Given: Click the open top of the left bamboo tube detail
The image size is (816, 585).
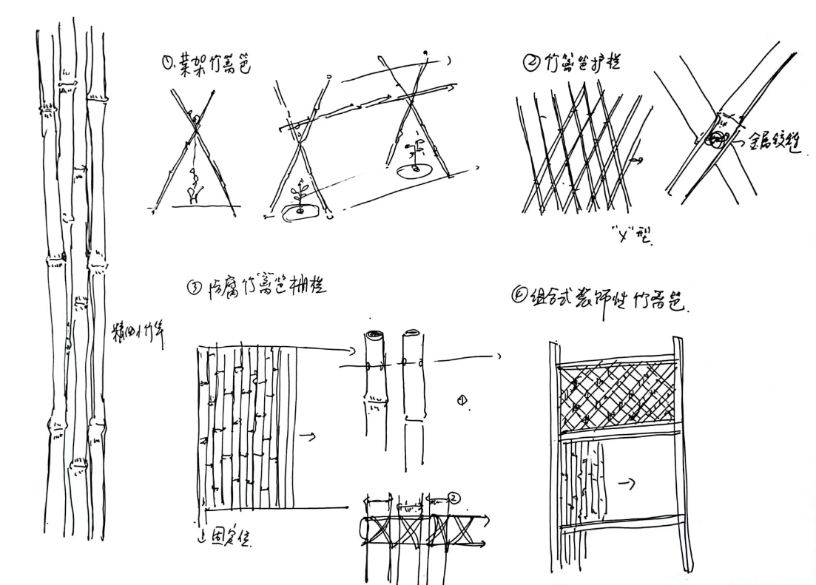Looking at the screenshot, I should [x=374, y=337].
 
